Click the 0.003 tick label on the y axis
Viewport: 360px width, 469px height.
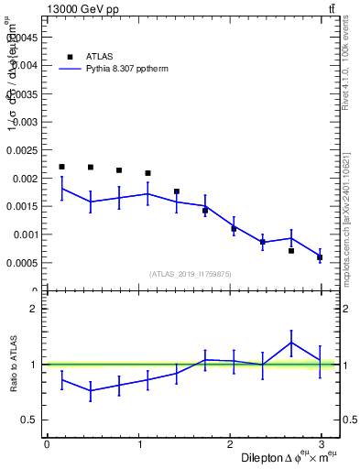point(27,122)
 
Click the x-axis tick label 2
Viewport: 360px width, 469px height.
point(230,444)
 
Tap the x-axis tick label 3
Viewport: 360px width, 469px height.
point(322,444)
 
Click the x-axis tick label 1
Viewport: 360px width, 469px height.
point(138,444)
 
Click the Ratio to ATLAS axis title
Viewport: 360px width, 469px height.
point(12,364)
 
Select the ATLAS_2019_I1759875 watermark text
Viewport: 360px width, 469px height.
point(191,273)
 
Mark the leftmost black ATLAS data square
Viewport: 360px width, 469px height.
point(61,167)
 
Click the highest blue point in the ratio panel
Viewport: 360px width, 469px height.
point(291,343)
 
